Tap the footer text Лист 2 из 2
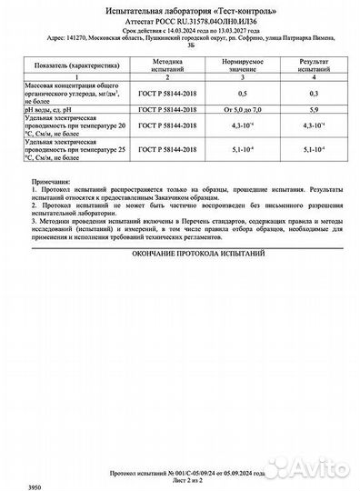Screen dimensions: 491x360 point(180,479)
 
